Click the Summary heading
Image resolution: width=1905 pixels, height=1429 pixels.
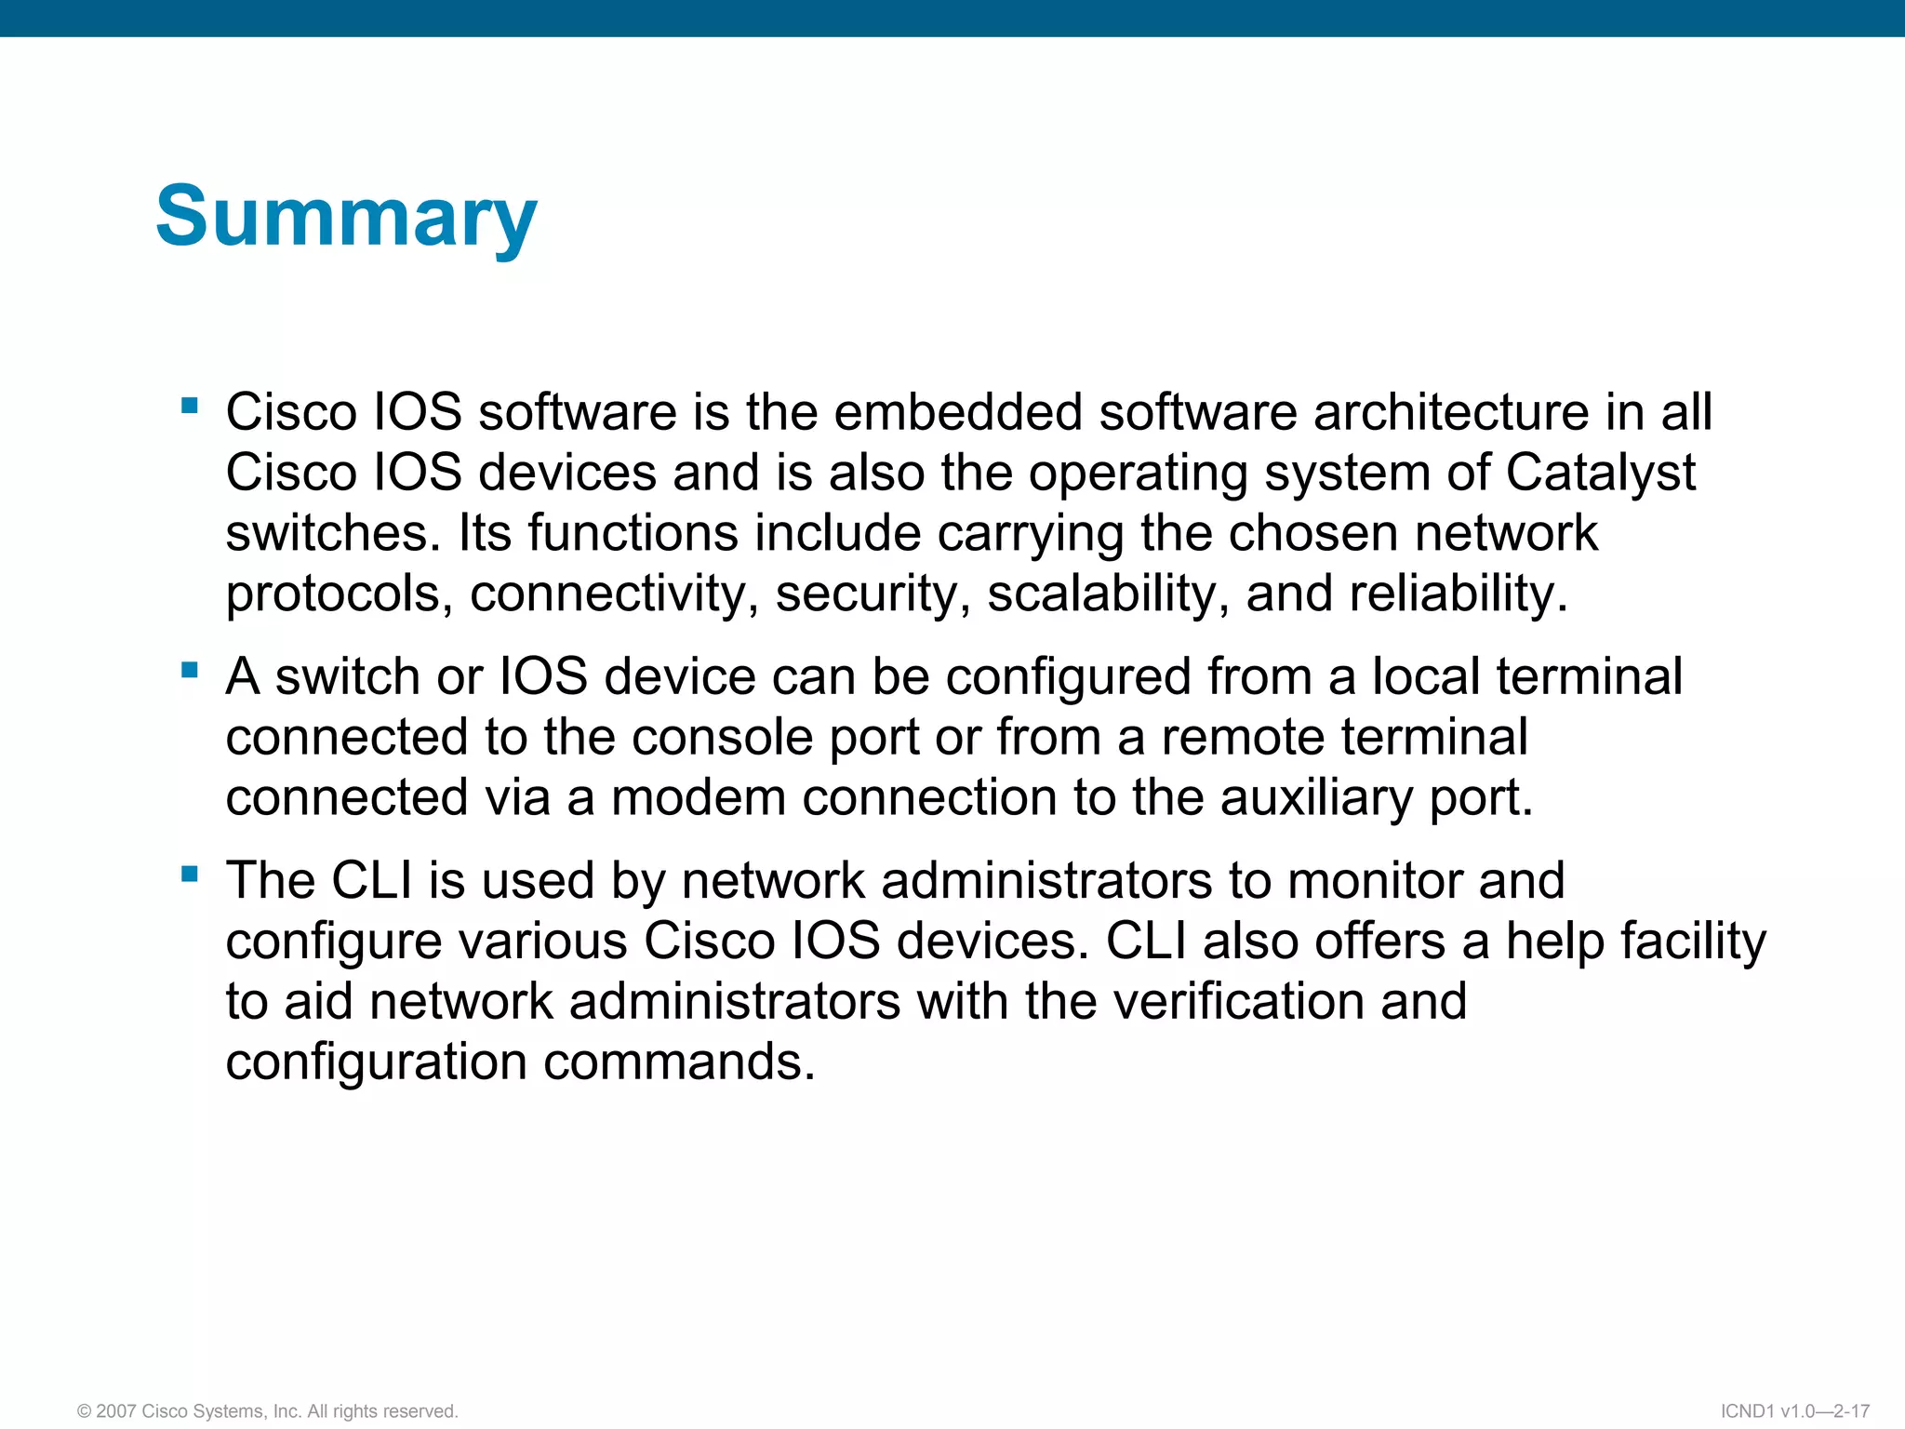(x=346, y=216)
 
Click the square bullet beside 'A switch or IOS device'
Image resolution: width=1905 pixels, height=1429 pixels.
(x=191, y=669)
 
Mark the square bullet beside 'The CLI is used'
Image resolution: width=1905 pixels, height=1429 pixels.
(x=191, y=874)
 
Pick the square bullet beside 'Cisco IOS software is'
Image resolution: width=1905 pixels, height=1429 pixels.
(x=191, y=405)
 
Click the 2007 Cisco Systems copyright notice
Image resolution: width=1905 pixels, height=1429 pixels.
(x=268, y=1411)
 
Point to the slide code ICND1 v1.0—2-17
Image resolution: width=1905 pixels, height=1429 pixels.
(x=1794, y=1411)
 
